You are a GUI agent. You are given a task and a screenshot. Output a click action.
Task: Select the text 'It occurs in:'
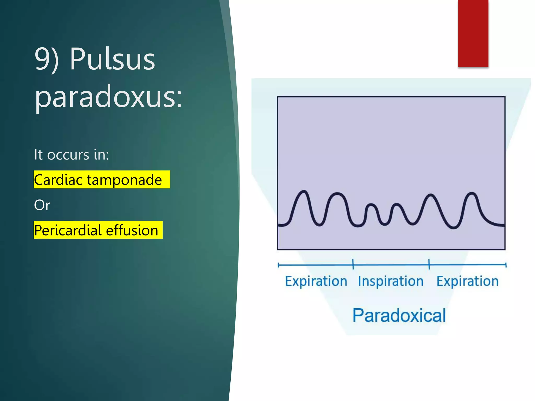71,155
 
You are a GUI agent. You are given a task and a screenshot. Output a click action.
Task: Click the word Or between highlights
42,205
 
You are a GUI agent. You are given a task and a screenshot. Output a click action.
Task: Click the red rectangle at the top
473,33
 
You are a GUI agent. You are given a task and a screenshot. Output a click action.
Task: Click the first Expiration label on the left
316,281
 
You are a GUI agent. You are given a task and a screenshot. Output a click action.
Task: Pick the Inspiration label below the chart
391,281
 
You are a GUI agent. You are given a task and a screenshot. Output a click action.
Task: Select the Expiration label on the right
467,281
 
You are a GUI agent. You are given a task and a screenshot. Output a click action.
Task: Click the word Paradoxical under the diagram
399,315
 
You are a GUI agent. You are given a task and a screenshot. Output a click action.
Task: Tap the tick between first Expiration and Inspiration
353,264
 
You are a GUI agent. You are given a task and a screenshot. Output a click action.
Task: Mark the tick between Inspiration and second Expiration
429,264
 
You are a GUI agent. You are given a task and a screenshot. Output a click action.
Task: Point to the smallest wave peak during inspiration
371,205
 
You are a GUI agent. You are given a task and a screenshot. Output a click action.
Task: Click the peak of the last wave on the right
472,193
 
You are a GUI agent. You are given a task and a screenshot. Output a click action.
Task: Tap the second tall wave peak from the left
337,194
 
